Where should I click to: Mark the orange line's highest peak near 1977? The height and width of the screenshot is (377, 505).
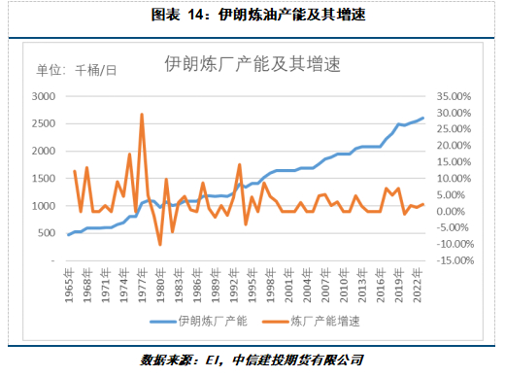(142, 114)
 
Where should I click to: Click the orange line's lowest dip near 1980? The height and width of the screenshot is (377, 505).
(160, 244)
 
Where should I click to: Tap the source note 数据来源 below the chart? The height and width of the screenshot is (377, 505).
(252, 360)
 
